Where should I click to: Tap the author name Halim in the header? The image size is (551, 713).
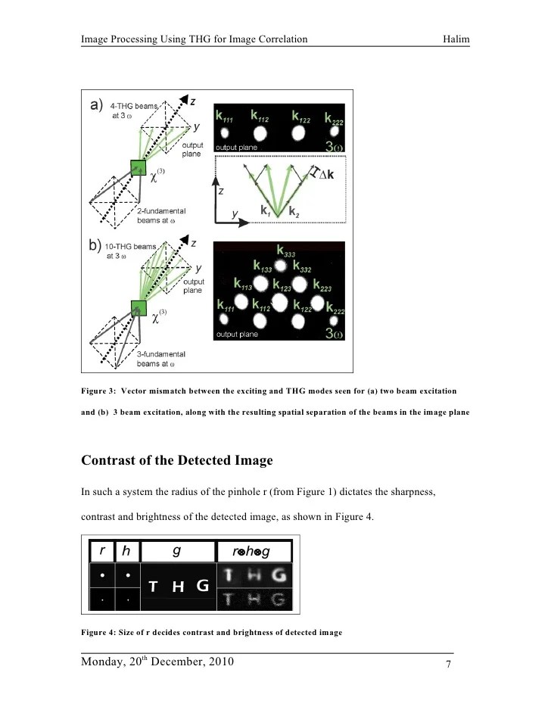pyautogui.click(x=457, y=39)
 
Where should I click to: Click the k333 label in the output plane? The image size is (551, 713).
pyautogui.click(x=285, y=252)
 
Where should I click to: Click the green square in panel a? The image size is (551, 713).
pyautogui.click(x=139, y=168)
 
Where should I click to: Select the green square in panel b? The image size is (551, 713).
pyautogui.click(x=139, y=307)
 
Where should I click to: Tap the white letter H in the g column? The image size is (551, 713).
pyautogui.click(x=177, y=587)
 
